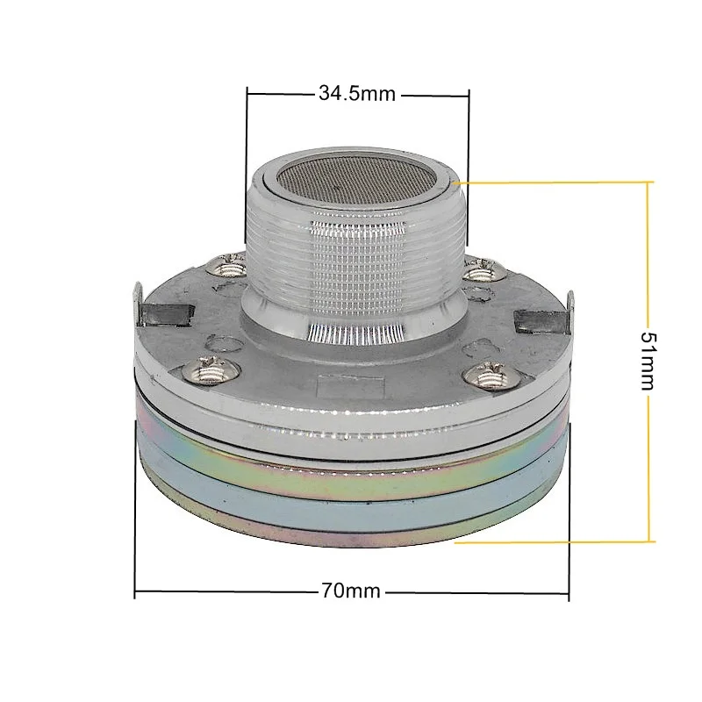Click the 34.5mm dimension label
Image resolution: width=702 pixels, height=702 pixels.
coord(357,94)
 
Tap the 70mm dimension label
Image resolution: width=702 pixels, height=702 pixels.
coord(350,591)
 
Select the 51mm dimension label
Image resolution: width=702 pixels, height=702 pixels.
coord(648,361)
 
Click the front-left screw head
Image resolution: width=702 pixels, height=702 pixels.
coord(211,369)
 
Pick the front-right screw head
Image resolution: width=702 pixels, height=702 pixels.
coord(492,376)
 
